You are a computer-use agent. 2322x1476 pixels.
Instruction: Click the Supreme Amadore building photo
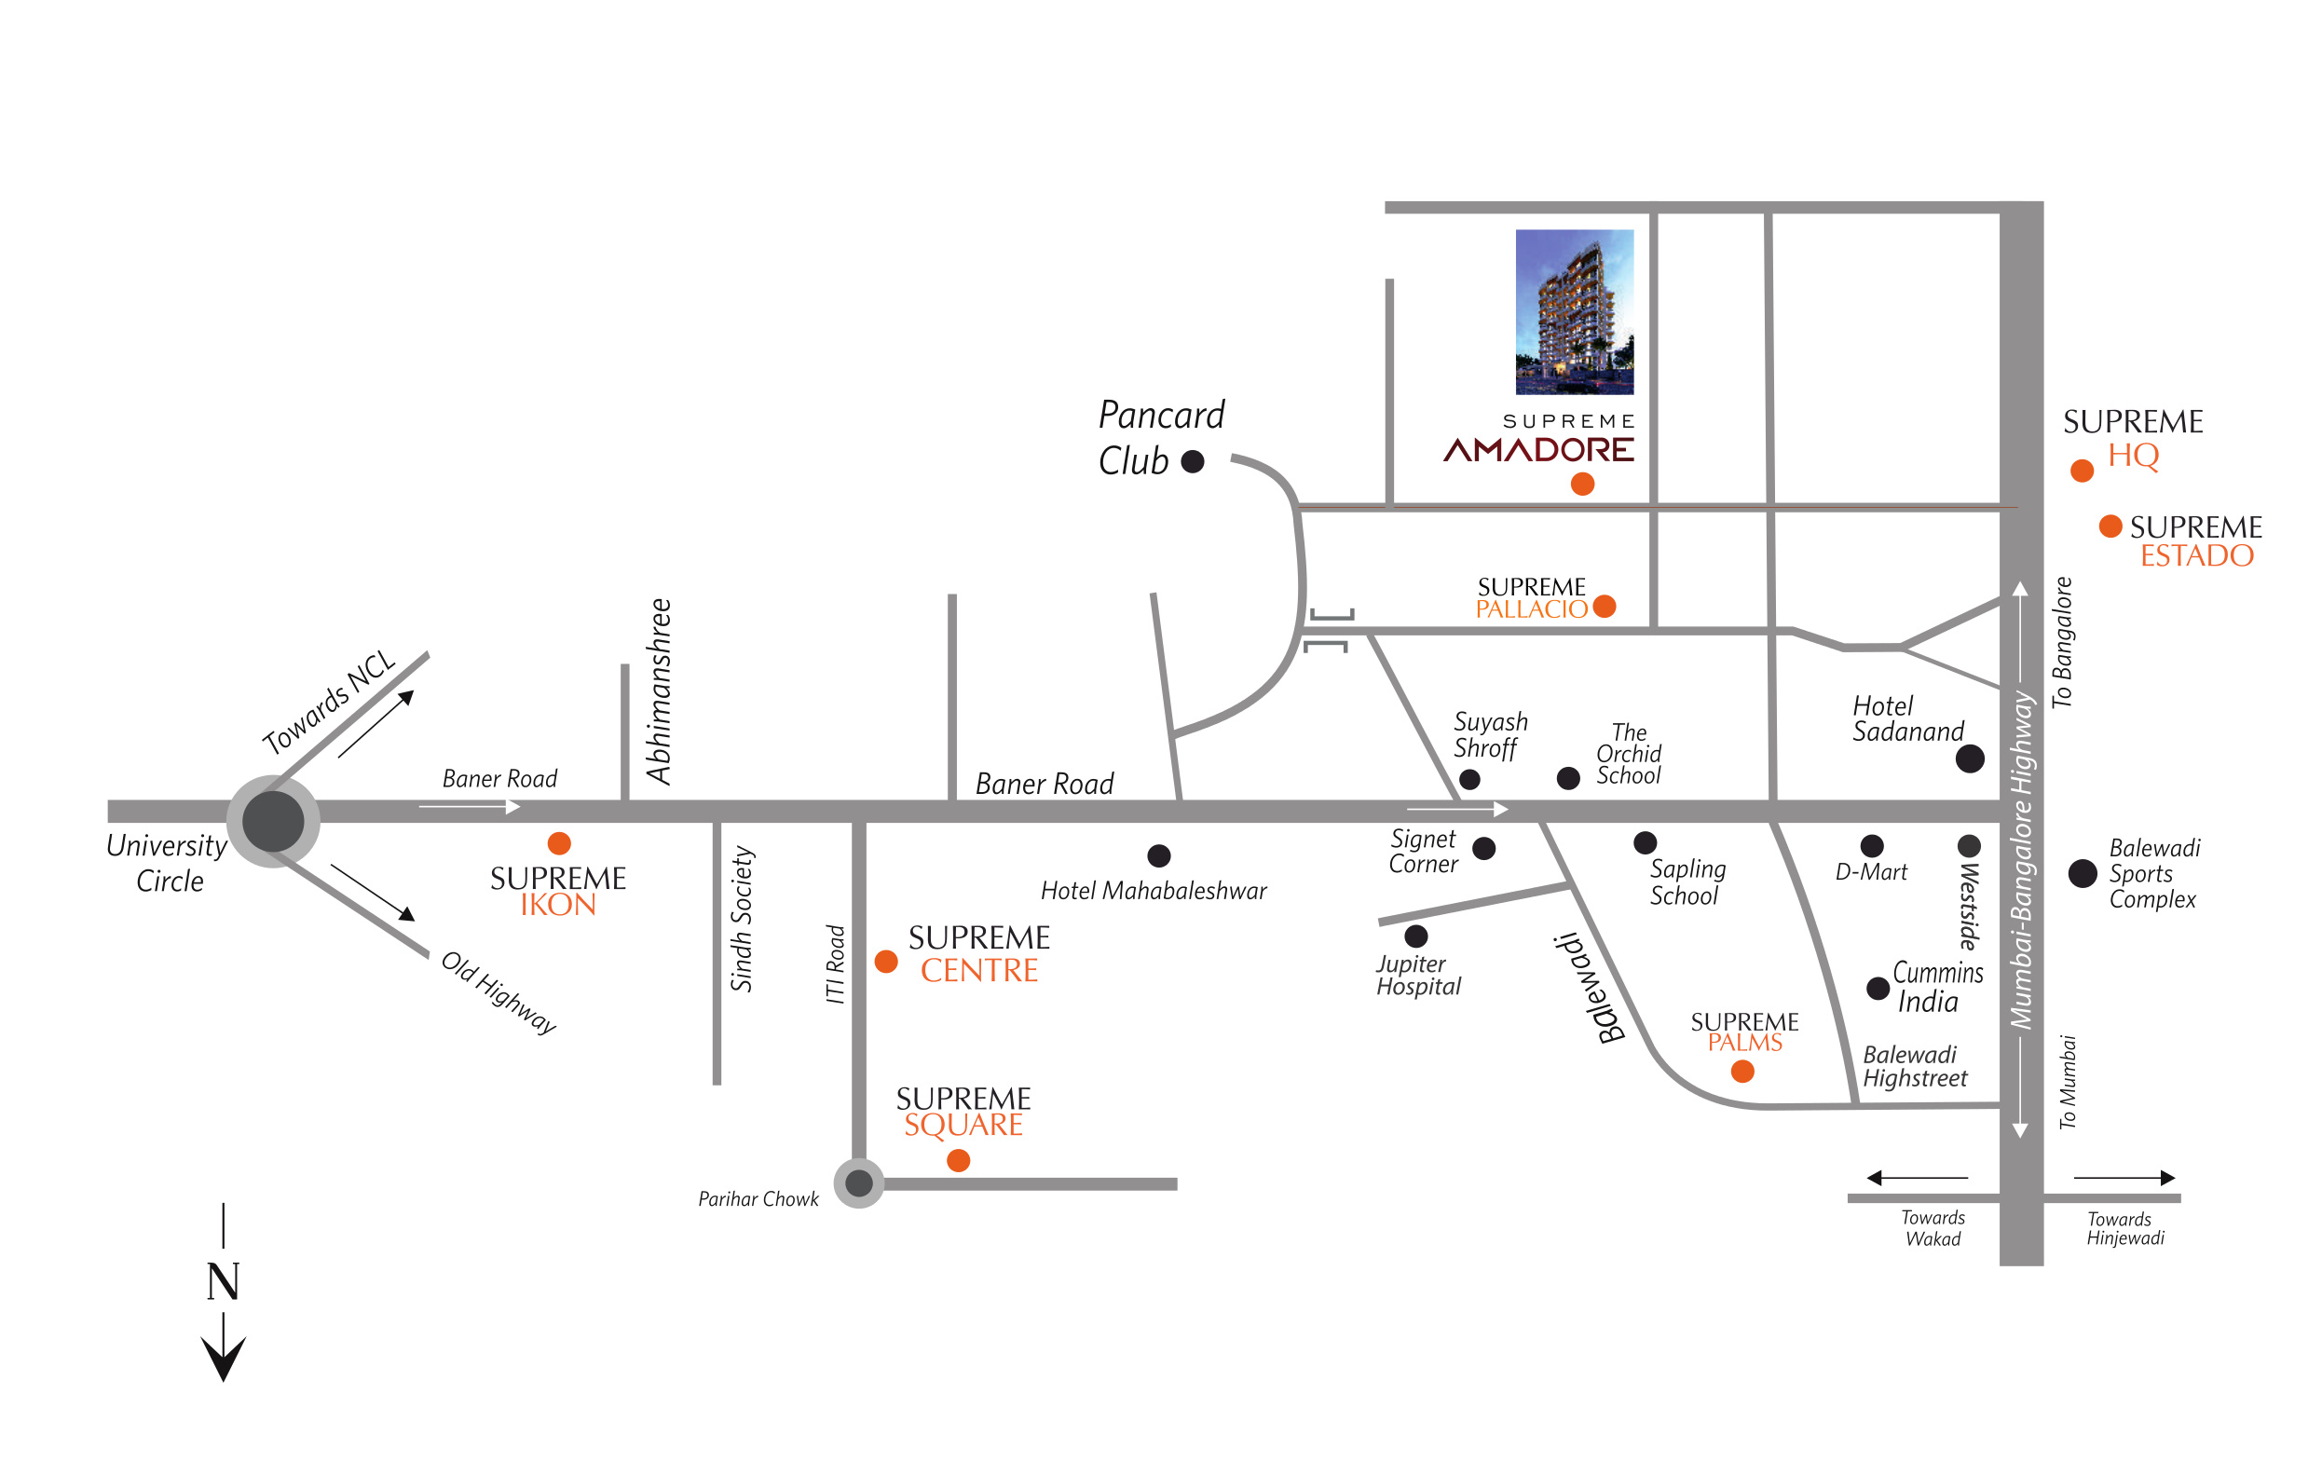tap(1575, 311)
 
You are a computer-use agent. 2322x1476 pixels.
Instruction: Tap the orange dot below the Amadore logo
tap(1582, 484)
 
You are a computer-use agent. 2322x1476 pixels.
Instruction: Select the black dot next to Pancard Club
tap(1193, 462)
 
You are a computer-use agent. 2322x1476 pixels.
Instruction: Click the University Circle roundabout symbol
tap(273, 821)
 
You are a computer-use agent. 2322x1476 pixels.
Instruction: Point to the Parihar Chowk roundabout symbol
tap(859, 1182)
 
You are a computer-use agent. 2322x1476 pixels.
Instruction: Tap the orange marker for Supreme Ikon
tap(559, 843)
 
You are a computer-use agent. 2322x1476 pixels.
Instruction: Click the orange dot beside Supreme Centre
tap(886, 962)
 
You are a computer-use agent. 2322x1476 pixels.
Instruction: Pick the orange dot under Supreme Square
tap(959, 1161)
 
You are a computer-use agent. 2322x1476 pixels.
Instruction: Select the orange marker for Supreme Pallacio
tap(1605, 606)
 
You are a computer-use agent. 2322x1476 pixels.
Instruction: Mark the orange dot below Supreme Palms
tap(1742, 1071)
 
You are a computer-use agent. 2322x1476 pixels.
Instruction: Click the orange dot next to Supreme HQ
tap(2082, 471)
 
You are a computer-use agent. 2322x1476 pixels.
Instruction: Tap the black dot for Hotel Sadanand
tap(1970, 758)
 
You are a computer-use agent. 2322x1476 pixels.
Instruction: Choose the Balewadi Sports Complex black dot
tap(2083, 873)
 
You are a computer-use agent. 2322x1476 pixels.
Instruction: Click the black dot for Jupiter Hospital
tap(1416, 936)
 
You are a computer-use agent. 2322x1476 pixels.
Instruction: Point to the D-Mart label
tap(1872, 872)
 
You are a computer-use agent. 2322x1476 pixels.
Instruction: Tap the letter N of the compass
tap(223, 1281)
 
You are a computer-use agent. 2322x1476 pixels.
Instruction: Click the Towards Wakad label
tap(1933, 1228)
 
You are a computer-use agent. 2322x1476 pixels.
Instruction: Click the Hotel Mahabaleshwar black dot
tap(1159, 855)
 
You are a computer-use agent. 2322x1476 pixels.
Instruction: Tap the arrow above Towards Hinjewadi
tap(2124, 1177)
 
